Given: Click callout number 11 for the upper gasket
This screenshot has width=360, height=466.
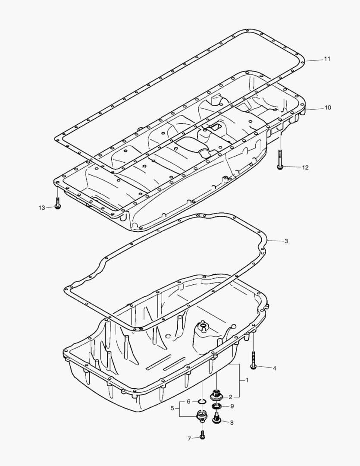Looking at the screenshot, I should [327, 59].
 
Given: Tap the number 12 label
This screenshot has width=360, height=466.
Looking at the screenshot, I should [305, 167].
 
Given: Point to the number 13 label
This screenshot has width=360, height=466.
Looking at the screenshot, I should [41, 208].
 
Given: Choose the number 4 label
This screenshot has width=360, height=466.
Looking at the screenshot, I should [274, 368].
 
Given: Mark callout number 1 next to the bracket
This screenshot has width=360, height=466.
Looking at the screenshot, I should [247, 381].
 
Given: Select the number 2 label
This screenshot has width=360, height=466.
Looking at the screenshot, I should [231, 397].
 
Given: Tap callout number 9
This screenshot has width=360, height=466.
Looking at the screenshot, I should [232, 406].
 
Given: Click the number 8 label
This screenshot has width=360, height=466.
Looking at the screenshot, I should [232, 423].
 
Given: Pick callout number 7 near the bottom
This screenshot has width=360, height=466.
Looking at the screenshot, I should [188, 438].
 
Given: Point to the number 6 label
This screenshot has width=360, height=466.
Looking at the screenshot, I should [188, 402].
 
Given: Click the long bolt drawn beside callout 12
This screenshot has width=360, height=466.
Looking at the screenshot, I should [280, 157].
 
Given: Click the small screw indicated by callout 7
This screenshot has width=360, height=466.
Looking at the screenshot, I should [203, 434].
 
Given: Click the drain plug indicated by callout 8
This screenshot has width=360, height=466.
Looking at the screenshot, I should [217, 417].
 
